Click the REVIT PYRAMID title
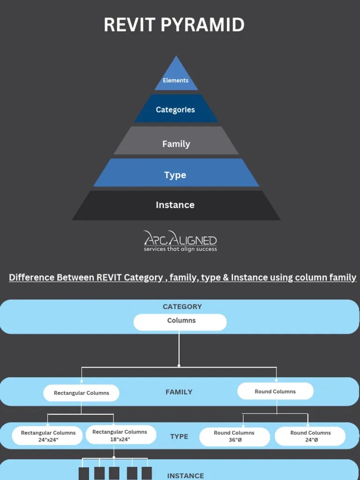tap(174, 25)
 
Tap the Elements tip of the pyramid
tap(176, 80)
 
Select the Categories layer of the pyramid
tap(175, 110)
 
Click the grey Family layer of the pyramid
tap(176, 144)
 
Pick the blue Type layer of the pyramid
tap(175, 175)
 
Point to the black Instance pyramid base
tap(175, 205)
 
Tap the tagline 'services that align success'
tap(180, 249)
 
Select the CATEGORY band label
tap(182, 307)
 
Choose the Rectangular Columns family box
tap(81, 393)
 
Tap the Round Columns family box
tap(275, 391)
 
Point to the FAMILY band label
tap(179, 392)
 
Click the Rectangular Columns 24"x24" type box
tap(48, 436)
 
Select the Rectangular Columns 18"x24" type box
tap(120, 435)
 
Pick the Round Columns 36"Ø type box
tap(234, 436)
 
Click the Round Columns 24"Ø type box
tap(310, 436)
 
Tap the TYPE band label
tap(179, 436)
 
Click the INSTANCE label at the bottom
tap(185, 475)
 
